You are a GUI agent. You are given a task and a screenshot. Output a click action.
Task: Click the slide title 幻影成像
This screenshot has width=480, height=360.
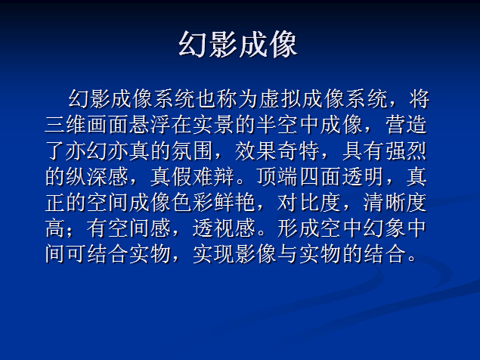(x=238, y=45)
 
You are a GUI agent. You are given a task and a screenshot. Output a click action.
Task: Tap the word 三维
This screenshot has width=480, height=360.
(x=66, y=125)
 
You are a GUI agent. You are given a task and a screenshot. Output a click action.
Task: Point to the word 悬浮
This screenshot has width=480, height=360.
(x=150, y=125)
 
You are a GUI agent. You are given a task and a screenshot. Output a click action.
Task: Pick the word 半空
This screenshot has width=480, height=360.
(x=277, y=125)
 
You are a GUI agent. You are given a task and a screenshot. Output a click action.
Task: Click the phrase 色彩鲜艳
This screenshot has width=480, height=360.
(x=214, y=203)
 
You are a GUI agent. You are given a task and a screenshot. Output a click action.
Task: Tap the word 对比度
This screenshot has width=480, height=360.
(x=309, y=203)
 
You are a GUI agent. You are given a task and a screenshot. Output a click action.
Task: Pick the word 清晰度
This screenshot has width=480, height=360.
(x=395, y=203)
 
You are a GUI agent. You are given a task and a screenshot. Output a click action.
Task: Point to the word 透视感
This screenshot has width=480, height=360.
(x=224, y=228)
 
